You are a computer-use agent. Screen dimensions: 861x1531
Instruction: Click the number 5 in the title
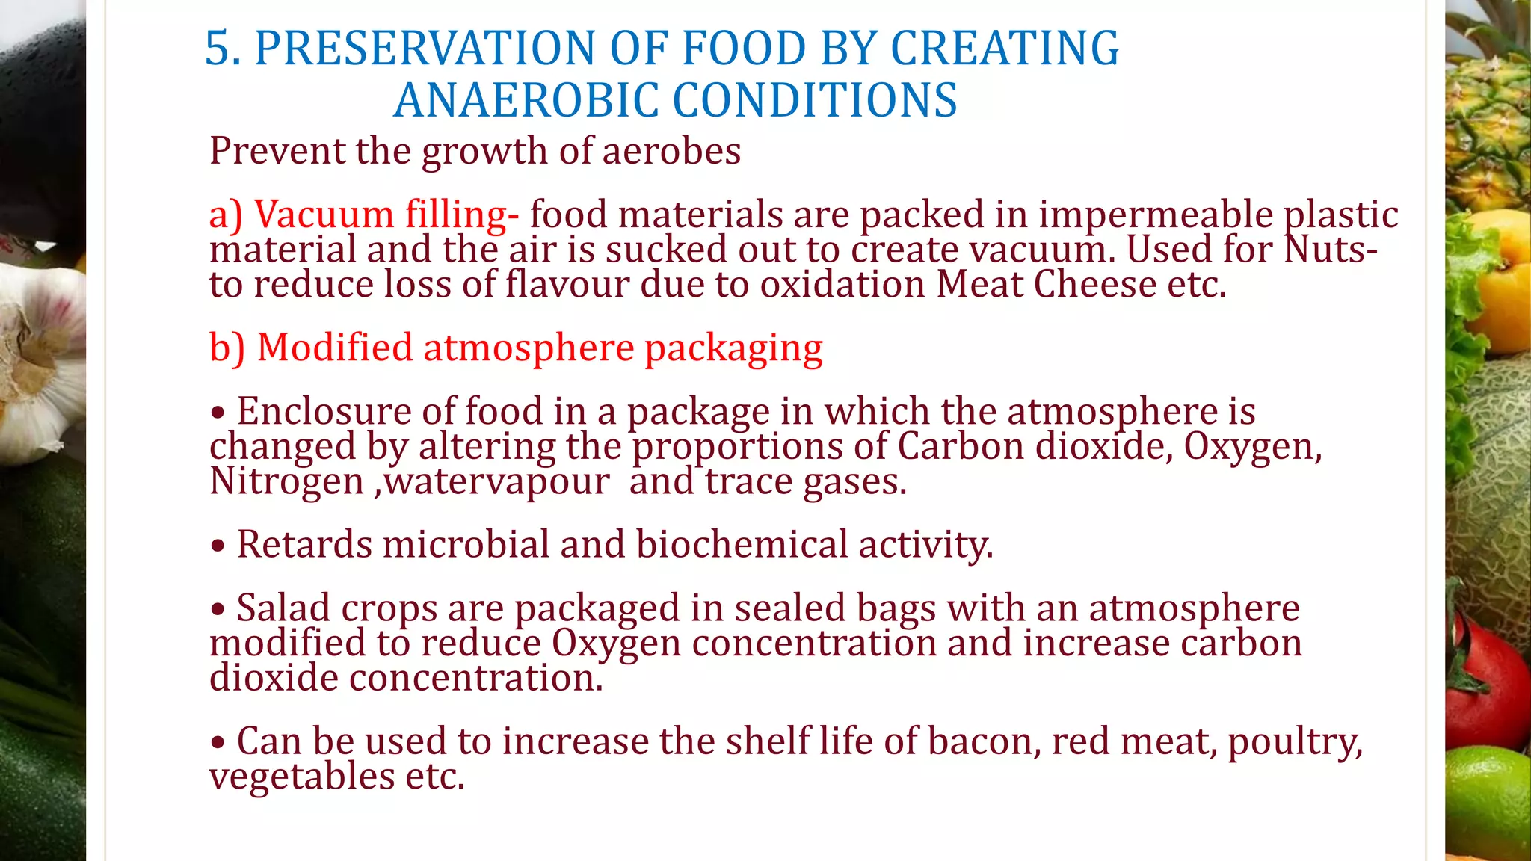[217, 49]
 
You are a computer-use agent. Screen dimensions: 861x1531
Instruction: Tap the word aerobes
[671, 151]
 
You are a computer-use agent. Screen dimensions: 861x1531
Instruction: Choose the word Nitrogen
[286, 481]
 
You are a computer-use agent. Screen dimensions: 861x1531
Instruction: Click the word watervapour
[497, 483]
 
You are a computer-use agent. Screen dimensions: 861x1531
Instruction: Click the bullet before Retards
[218, 546]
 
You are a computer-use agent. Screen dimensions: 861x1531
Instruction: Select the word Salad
[283, 608]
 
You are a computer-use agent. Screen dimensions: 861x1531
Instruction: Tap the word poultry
[1295, 743]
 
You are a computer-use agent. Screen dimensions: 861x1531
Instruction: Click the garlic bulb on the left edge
[37, 359]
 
